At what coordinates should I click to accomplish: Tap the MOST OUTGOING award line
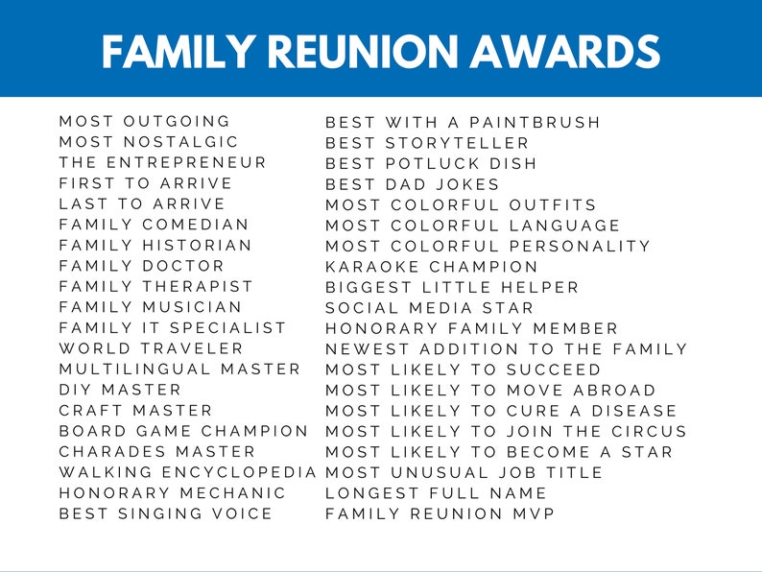click(145, 121)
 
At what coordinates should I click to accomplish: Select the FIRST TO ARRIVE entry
click(145, 183)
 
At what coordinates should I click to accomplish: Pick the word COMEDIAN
click(196, 225)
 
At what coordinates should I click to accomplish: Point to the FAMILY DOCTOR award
click(141, 266)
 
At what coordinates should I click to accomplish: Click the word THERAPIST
click(199, 286)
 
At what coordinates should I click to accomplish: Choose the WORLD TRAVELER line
click(152, 348)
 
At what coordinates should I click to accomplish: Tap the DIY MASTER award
click(120, 390)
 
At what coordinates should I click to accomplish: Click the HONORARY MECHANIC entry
click(173, 492)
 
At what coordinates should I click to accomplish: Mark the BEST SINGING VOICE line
click(166, 513)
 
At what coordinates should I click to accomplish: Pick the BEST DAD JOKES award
click(413, 184)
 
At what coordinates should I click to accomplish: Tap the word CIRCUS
click(643, 431)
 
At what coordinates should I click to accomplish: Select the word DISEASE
click(632, 411)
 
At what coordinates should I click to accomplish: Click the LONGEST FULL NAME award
click(436, 493)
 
